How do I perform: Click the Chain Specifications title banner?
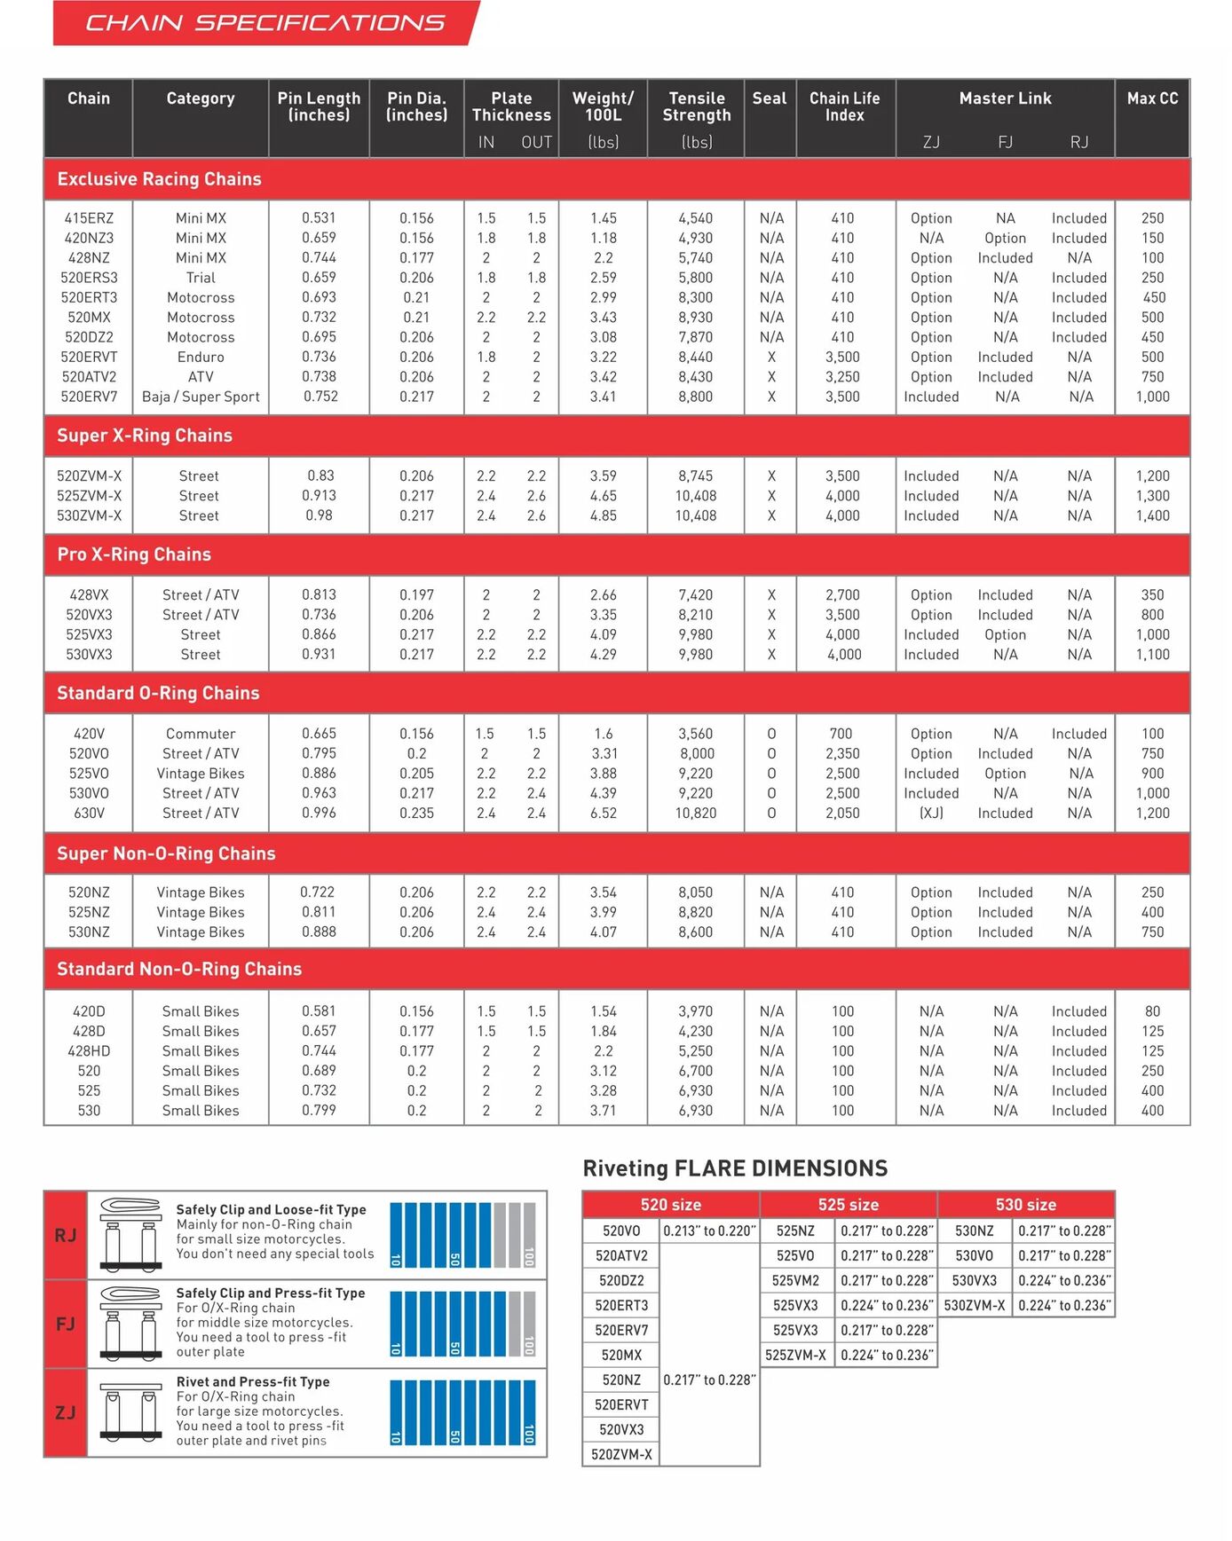click(265, 23)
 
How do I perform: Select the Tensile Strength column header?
click(697, 106)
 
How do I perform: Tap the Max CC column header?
click(1152, 98)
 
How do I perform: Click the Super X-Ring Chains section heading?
click(145, 436)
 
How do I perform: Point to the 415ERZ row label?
click(89, 218)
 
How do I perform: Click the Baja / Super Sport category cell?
click(201, 397)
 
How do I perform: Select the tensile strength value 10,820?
click(696, 813)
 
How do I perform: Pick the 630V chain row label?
click(89, 813)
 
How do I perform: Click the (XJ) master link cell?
click(931, 813)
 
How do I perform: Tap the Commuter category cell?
click(201, 734)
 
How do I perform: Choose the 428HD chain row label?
click(89, 1051)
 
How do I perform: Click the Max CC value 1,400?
click(1152, 515)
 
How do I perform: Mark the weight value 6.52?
click(604, 813)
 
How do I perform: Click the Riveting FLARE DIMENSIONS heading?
click(735, 1168)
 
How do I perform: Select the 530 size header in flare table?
click(1025, 1205)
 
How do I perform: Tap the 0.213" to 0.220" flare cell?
click(709, 1230)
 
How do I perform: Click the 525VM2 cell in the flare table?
click(796, 1280)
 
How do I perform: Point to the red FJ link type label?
click(66, 1324)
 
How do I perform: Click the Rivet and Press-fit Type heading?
click(253, 1381)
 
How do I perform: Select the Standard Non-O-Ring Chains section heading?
click(179, 969)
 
